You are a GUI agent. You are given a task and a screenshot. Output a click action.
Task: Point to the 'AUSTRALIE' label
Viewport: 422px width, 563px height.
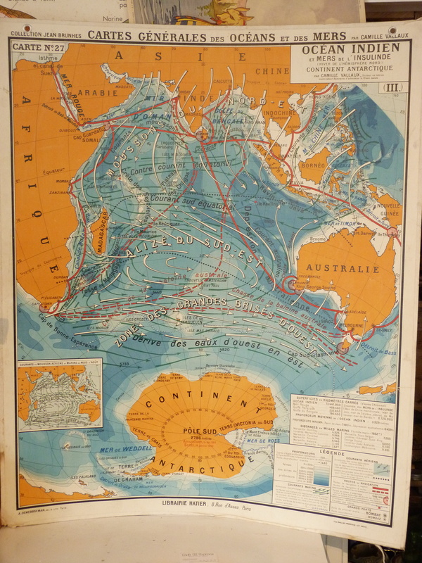341,268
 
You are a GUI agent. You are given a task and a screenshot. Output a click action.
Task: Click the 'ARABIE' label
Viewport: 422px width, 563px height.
90,91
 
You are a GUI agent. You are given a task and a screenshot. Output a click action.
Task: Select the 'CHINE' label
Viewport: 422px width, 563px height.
270,70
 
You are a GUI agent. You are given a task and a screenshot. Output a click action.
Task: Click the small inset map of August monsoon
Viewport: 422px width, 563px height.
60,394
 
